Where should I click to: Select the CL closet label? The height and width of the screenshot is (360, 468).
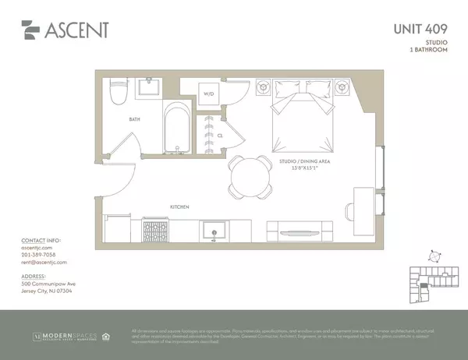(x=221, y=134)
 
